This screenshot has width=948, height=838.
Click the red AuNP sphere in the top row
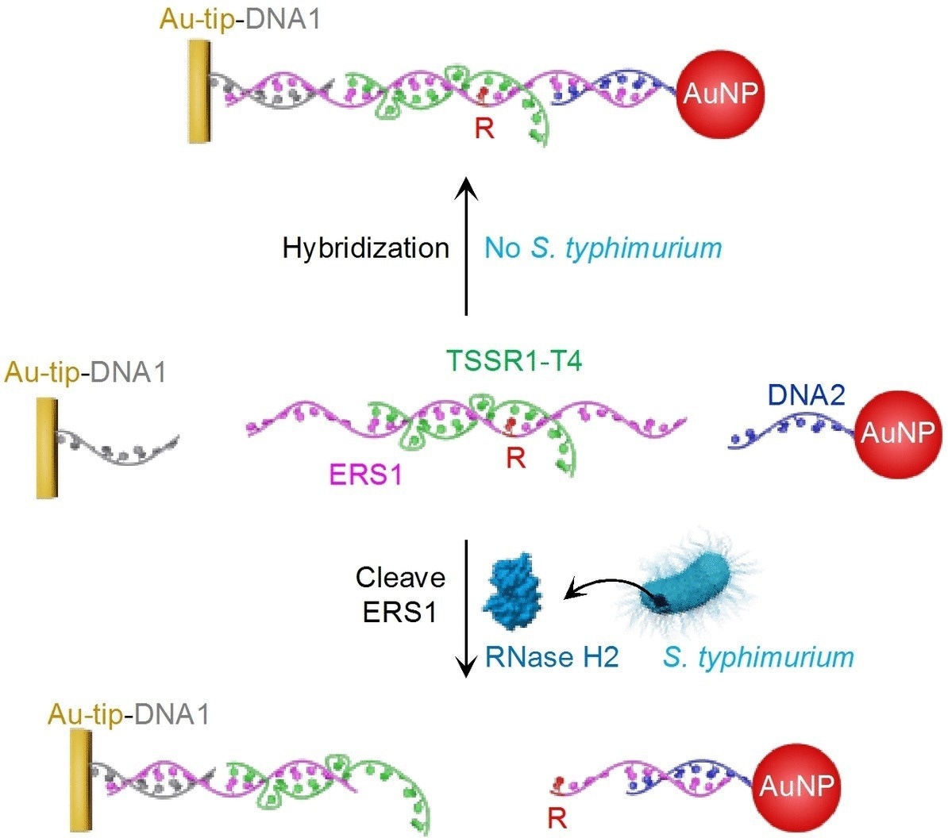tap(720, 94)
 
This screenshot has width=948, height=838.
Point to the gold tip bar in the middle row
tap(47, 448)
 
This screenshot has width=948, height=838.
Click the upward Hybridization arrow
tap(466, 246)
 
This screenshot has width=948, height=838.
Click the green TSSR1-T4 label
tap(514, 362)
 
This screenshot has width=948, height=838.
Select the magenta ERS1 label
tap(365, 475)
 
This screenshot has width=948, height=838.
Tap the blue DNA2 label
tap(806, 394)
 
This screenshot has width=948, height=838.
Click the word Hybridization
tap(366, 248)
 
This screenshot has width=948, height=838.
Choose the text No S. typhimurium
tap(603, 248)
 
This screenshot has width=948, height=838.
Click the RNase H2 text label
tap(551, 657)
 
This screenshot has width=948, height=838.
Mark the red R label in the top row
tap(484, 128)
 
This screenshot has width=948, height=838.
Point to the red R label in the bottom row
tap(557, 817)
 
